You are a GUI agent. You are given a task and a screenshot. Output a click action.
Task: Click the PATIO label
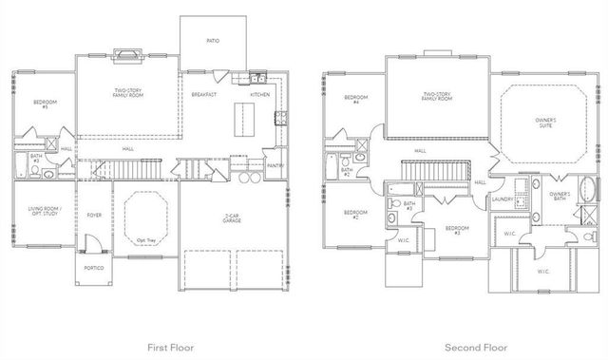(213, 41)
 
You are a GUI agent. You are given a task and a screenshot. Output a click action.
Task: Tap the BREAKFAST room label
(203, 95)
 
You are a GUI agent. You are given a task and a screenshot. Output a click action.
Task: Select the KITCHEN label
(260, 95)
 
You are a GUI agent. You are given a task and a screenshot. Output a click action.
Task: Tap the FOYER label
(94, 216)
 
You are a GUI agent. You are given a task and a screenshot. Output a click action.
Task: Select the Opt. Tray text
(145, 239)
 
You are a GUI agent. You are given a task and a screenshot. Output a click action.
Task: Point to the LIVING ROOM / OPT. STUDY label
(44, 211)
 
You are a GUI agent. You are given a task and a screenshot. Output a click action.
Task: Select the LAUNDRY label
(503, 199)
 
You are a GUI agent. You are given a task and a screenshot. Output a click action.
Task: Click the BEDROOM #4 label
(356, 100)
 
